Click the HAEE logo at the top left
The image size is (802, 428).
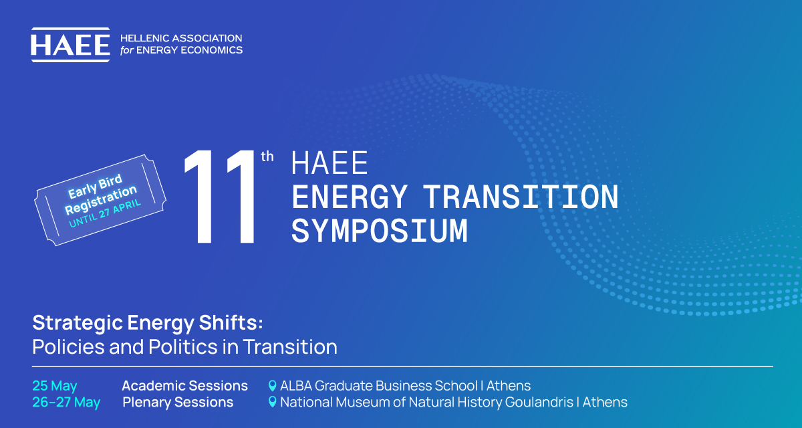pyautogui.click(x=71, y=45)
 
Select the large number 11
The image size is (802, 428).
pyautogui.click(x=219, y=197)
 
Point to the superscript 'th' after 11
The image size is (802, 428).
pyautogui.click(x=267, y=156)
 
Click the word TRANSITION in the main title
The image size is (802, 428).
pyautogui.click(x=521, y=197)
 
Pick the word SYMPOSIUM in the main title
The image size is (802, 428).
pyautogui.click(x=380, y=231)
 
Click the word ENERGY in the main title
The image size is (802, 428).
pyautogui.click(x=350, y=197)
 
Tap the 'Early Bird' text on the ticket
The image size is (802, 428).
pyautogui.click(x=95, y=186)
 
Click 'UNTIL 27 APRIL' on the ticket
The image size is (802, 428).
pyautogui.click(x=105, y=214)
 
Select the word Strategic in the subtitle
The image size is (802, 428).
pyautogui.click(x=78, y=324)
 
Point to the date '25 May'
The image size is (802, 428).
pyautogui.click(x=54, y=386)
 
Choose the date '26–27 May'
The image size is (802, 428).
pyautogui.click(x=66, y=402)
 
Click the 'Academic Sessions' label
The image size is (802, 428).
pyautogui.click(x=184, y=386)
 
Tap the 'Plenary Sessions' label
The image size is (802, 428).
pyautogui.click(x=178, y=402)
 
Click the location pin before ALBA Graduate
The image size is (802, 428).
pyautogui.click(x=273, y=386)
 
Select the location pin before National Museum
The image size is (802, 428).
pyautogui.click(x=273, y=402)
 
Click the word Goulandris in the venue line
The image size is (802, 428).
pyautogui.click(x=539, y=402)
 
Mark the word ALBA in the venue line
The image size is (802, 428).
pyautogui.click(x=296, y=386)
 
